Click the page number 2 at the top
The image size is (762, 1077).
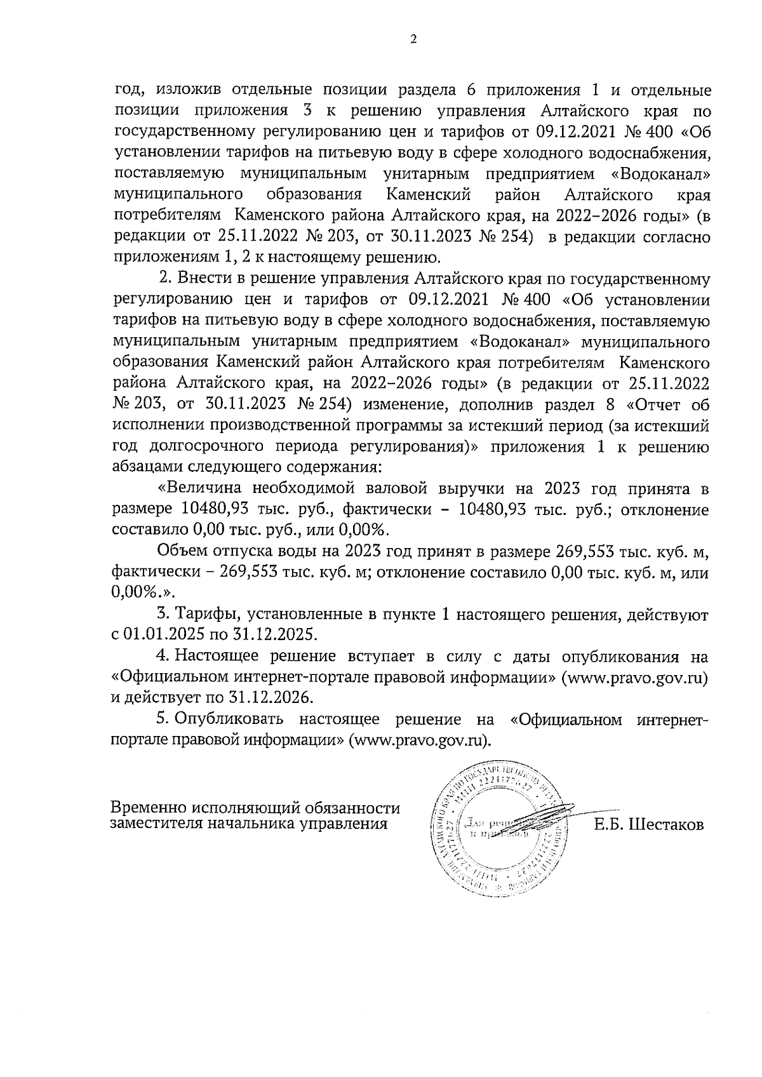(x=413, y=39)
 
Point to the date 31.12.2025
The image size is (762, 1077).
(x=290, y=634)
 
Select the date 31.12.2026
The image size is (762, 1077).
(x=271, y=697)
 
